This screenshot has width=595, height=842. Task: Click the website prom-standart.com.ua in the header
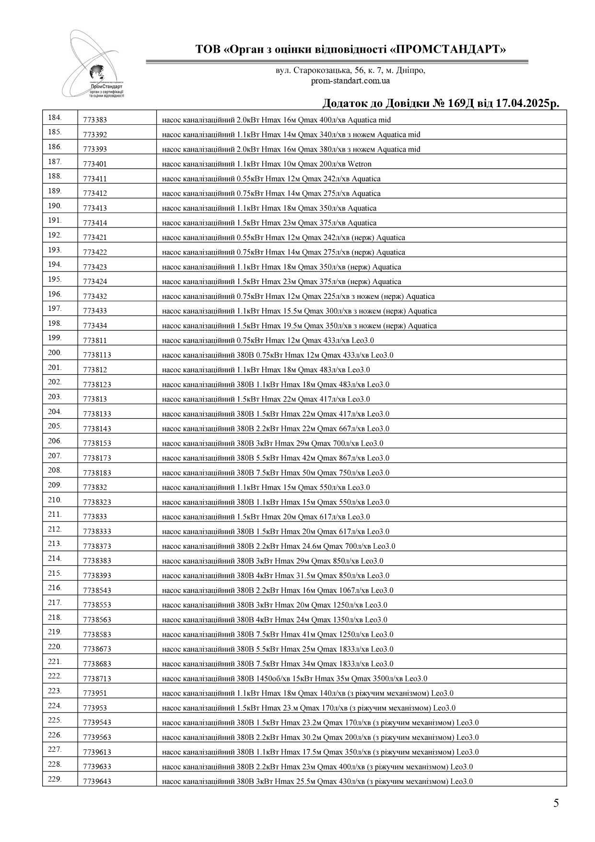click(350, 81)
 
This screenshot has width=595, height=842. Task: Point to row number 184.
click(55, 118)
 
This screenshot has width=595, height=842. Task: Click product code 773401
click(95, 164)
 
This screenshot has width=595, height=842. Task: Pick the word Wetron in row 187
click(359, 164)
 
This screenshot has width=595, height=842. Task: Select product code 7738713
click(97, 679)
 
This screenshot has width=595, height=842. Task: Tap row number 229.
click(55, 779)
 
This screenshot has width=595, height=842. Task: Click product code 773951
click(95, 694)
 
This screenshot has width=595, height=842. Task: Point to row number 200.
click(55, 353)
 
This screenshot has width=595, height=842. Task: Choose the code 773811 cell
click(95, 341)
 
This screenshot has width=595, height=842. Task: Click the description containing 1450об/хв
click(294, 679)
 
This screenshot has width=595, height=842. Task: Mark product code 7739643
click(97, 782)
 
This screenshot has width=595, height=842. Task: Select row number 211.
click(55, 514)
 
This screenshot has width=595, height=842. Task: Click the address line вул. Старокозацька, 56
click(350, 71)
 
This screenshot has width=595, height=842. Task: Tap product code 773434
click(95, 326)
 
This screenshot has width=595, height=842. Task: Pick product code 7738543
click(97, 591)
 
